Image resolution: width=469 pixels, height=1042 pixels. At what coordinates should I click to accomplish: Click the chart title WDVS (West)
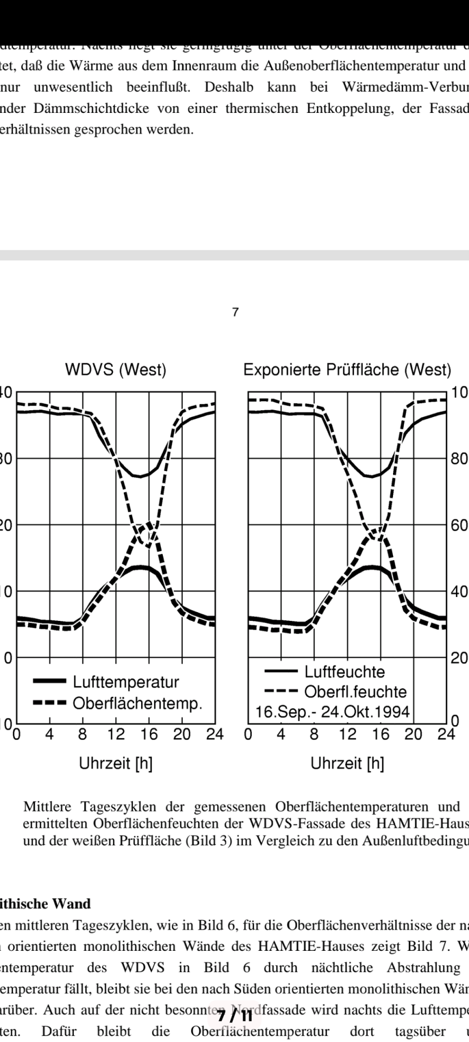(x=116, y=370)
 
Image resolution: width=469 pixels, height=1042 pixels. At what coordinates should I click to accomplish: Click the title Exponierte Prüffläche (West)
(x=347, y=370)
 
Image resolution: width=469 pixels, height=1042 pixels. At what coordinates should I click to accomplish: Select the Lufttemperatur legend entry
(x=125, y=682)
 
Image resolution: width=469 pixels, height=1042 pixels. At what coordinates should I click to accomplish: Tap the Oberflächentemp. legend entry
(x=137, y=703)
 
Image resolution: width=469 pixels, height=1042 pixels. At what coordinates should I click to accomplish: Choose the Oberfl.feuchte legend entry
(x=355, y=692)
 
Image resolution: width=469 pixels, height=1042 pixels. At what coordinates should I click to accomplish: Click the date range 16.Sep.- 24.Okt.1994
(x=332, y=711)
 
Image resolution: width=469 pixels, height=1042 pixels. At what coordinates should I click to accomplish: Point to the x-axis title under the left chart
(x=116, y=764)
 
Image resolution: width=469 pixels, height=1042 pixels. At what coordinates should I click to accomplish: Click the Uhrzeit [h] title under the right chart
(x=347, y=764)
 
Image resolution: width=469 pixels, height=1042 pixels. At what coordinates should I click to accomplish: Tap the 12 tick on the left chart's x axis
(x=116, y=735)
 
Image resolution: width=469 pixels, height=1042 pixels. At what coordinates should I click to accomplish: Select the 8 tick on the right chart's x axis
(x=314, y=735)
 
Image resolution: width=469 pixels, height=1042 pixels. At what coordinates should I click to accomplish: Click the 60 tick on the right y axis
(x=459, y=525)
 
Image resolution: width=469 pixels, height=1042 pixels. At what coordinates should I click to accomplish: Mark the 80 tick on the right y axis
(x=459, y=459)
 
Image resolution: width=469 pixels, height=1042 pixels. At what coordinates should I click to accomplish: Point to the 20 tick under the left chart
(x=182, y=735)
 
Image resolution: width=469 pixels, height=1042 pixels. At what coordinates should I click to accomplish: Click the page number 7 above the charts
(x=235, y=312)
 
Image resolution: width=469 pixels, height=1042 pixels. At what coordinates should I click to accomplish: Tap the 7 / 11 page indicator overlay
(x=235, y=1011)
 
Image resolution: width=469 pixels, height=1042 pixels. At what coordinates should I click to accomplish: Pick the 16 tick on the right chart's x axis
(x=381, y=735)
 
